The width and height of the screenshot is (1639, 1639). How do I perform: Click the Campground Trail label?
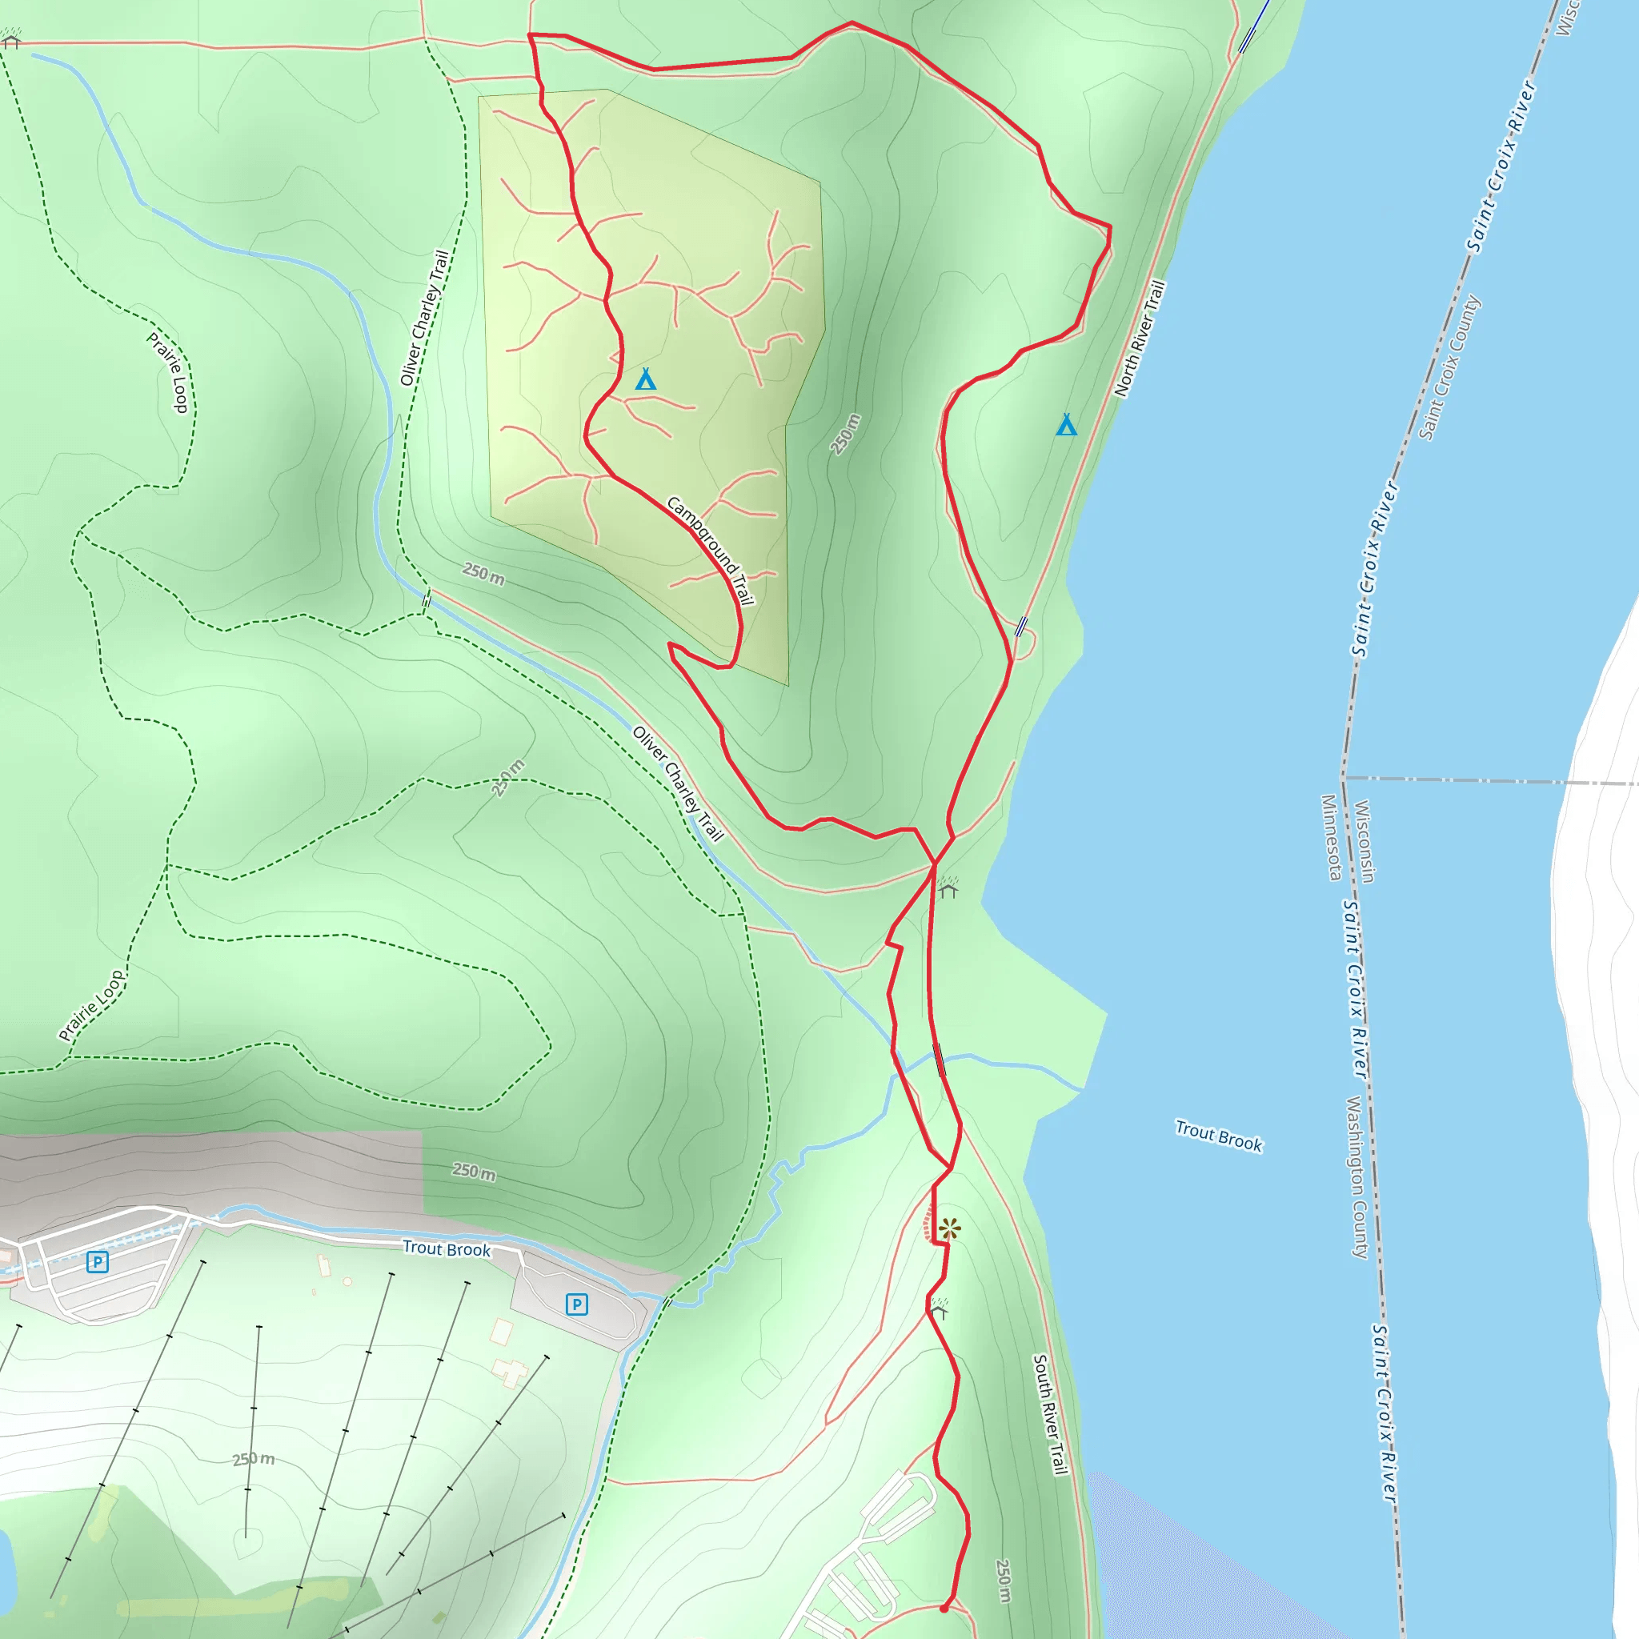[710, 551]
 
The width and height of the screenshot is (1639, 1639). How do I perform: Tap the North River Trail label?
[1140, 339]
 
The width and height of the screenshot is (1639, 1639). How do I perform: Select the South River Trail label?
[1049, 1414]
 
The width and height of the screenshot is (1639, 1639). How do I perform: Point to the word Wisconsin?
[1363, 842]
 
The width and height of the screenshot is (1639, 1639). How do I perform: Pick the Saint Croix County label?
[1450, 367]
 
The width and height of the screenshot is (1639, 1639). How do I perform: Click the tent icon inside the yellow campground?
[646, 379]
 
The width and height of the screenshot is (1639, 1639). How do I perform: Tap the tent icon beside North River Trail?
[1066, 424]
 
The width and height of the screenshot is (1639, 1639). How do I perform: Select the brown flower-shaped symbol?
[949, 1228]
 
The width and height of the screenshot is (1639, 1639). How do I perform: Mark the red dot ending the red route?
[944, 1609]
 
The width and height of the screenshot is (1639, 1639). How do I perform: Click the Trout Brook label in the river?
[1218, 1136]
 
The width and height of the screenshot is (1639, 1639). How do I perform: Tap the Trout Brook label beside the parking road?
[447, 1248]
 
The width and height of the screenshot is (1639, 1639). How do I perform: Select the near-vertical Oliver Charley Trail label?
[424, 319]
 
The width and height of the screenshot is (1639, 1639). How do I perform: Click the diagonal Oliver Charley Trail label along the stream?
[678, 783]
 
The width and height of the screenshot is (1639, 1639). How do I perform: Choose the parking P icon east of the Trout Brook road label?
[577, 1304]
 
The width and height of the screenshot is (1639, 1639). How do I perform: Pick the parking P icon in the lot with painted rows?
[98, 1262]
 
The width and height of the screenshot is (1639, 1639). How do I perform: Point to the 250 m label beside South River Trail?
[1004, 1581]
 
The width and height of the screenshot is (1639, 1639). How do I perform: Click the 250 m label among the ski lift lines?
[254, 1459]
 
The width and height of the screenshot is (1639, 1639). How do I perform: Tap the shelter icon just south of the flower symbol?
[938, 1310]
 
